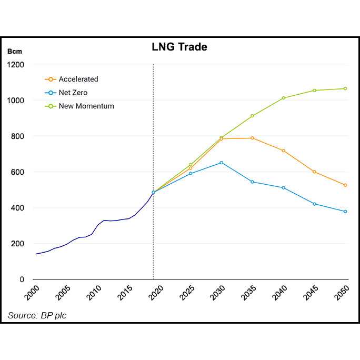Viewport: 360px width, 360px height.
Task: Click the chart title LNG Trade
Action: click(x=179, y=47)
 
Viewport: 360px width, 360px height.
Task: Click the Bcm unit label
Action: click(x=14, y=52)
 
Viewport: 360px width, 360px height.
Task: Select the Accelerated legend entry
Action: click(x=78, y=79)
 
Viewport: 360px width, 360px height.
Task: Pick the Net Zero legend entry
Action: click(x=73, y=93)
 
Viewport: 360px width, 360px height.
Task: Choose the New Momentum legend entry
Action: click(x=86, y=106)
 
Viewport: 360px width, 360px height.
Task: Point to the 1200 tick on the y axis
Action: click(x=16, y=65)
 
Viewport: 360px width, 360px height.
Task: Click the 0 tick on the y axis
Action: click(x=23, y=279)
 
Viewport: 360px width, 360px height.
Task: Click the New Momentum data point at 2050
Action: click(x=345, y=88)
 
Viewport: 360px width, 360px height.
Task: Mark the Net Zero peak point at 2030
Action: click(x=221, y=163)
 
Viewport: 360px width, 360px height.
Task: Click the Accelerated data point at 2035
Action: click(x=252, y=138)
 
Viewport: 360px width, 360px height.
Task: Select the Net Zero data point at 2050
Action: click(x=345, y=212)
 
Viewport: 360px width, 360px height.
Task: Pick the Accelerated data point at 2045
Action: click(x=314, y=172)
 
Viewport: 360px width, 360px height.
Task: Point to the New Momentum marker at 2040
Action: click(x=283, y=98)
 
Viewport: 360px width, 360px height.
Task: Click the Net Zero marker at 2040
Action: click(x=283, y=188)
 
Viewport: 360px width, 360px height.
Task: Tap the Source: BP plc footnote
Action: click(x=37, y=315)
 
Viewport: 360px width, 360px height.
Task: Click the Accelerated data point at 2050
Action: click(x=345, y=185)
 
